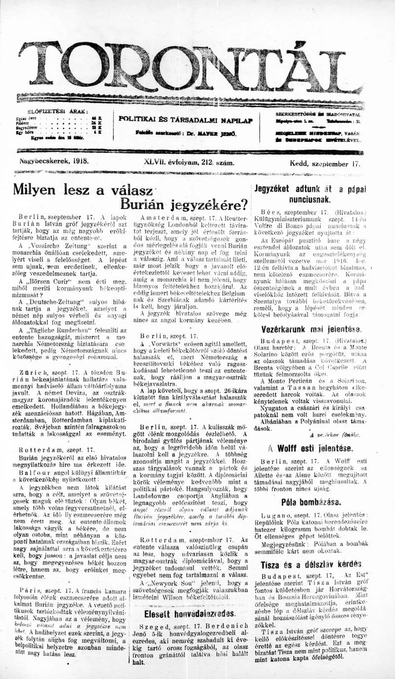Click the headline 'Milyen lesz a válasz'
point(82,189)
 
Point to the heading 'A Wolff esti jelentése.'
point(311,449)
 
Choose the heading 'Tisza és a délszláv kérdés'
point(311,564)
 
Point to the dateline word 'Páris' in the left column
point(30,590)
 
